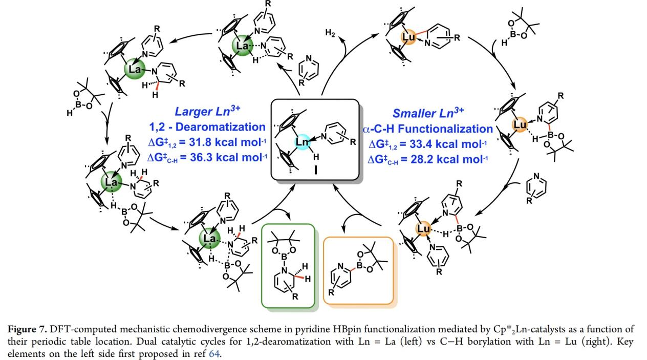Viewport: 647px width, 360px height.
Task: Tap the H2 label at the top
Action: pos(331,33)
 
